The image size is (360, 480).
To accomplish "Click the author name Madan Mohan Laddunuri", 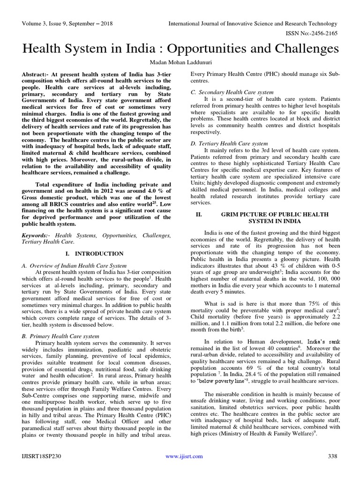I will (180, 62).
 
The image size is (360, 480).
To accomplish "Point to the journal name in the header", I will (253, 23).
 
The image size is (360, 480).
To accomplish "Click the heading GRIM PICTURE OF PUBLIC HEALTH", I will (275, 214).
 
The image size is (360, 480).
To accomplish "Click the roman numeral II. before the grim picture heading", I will (199, 214).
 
